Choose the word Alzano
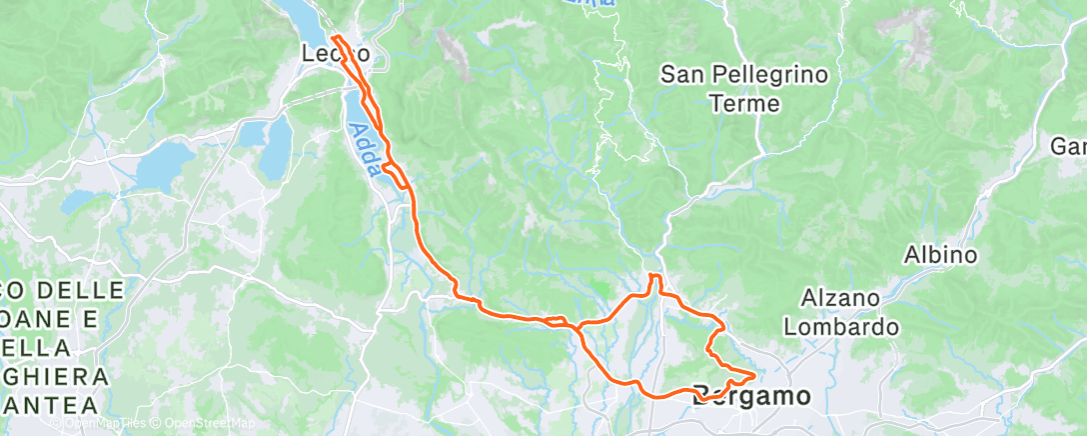coord(840,298)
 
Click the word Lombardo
coord(841,326)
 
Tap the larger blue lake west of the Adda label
coord(163,164)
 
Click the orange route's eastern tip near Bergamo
coord(752,375)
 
